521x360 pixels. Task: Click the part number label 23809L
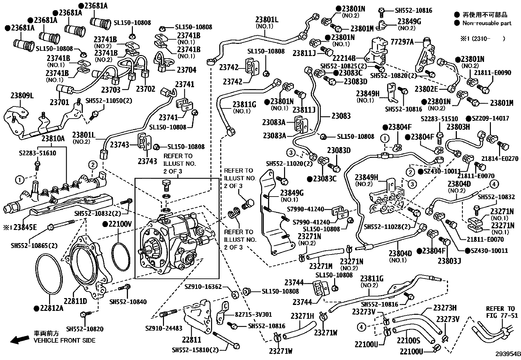point(22,96)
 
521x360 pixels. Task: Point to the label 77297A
point(402,42)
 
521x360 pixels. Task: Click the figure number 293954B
point(507,354)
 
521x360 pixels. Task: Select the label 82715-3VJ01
point(253,315)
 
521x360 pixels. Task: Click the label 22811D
point(75,301)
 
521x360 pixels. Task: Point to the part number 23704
point(186,70)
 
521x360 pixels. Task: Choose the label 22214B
point(344,58)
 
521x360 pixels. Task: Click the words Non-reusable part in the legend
point(487,23)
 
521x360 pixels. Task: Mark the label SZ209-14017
point(490,119)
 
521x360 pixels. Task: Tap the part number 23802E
point(426,89)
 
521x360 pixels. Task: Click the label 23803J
point(449,261)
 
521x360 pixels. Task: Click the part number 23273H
point(445,308)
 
